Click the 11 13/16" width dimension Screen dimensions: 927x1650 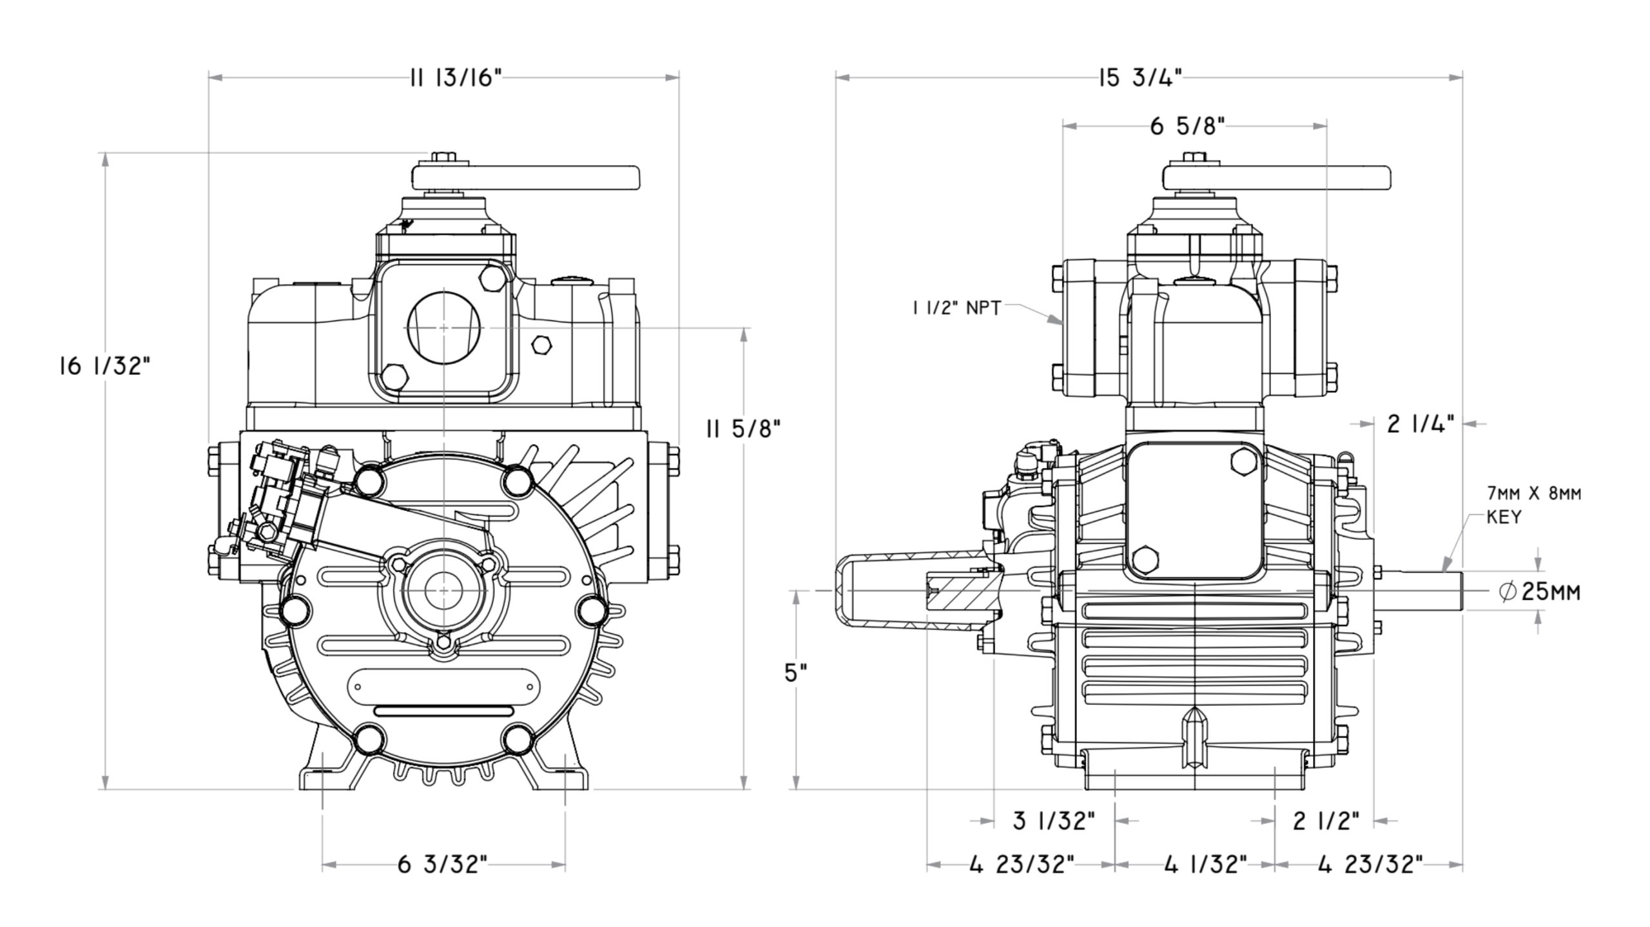[x=455, y=79]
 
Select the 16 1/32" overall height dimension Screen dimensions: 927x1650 [x=105, y=367]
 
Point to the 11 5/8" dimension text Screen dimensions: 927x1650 [x=743, y=428]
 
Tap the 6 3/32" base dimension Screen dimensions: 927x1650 [x=443, y=865]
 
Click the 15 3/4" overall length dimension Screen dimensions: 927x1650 [x=1141, y=79]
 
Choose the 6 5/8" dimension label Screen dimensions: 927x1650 [x=1187, y=127]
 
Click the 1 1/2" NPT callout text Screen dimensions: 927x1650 [x=956, y=309]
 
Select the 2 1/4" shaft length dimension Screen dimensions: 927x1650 [x=1421, y=424]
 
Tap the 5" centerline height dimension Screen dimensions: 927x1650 [x=796, y=673]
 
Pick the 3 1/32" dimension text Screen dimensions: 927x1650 [x=1054, y=821]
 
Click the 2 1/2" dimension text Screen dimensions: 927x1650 [x=1326, y=821]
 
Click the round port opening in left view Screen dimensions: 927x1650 [x=445, y=327]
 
